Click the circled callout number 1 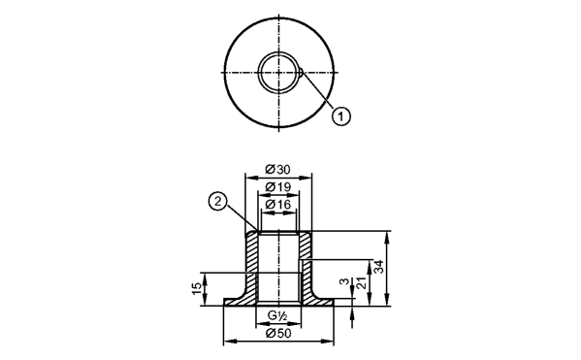click(x=340, y=116)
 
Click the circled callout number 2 click(x=218, y=202)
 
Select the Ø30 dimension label click(x=278, y=170)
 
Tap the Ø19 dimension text click(x=278, y=187)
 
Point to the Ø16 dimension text click(x=278, y=205)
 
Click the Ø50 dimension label click(x=278, y=334)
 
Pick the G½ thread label click(x=278, y=316)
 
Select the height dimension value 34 click(x=378, y=267)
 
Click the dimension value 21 click(x=361, y=283)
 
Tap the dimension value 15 click(x=197, y=289)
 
